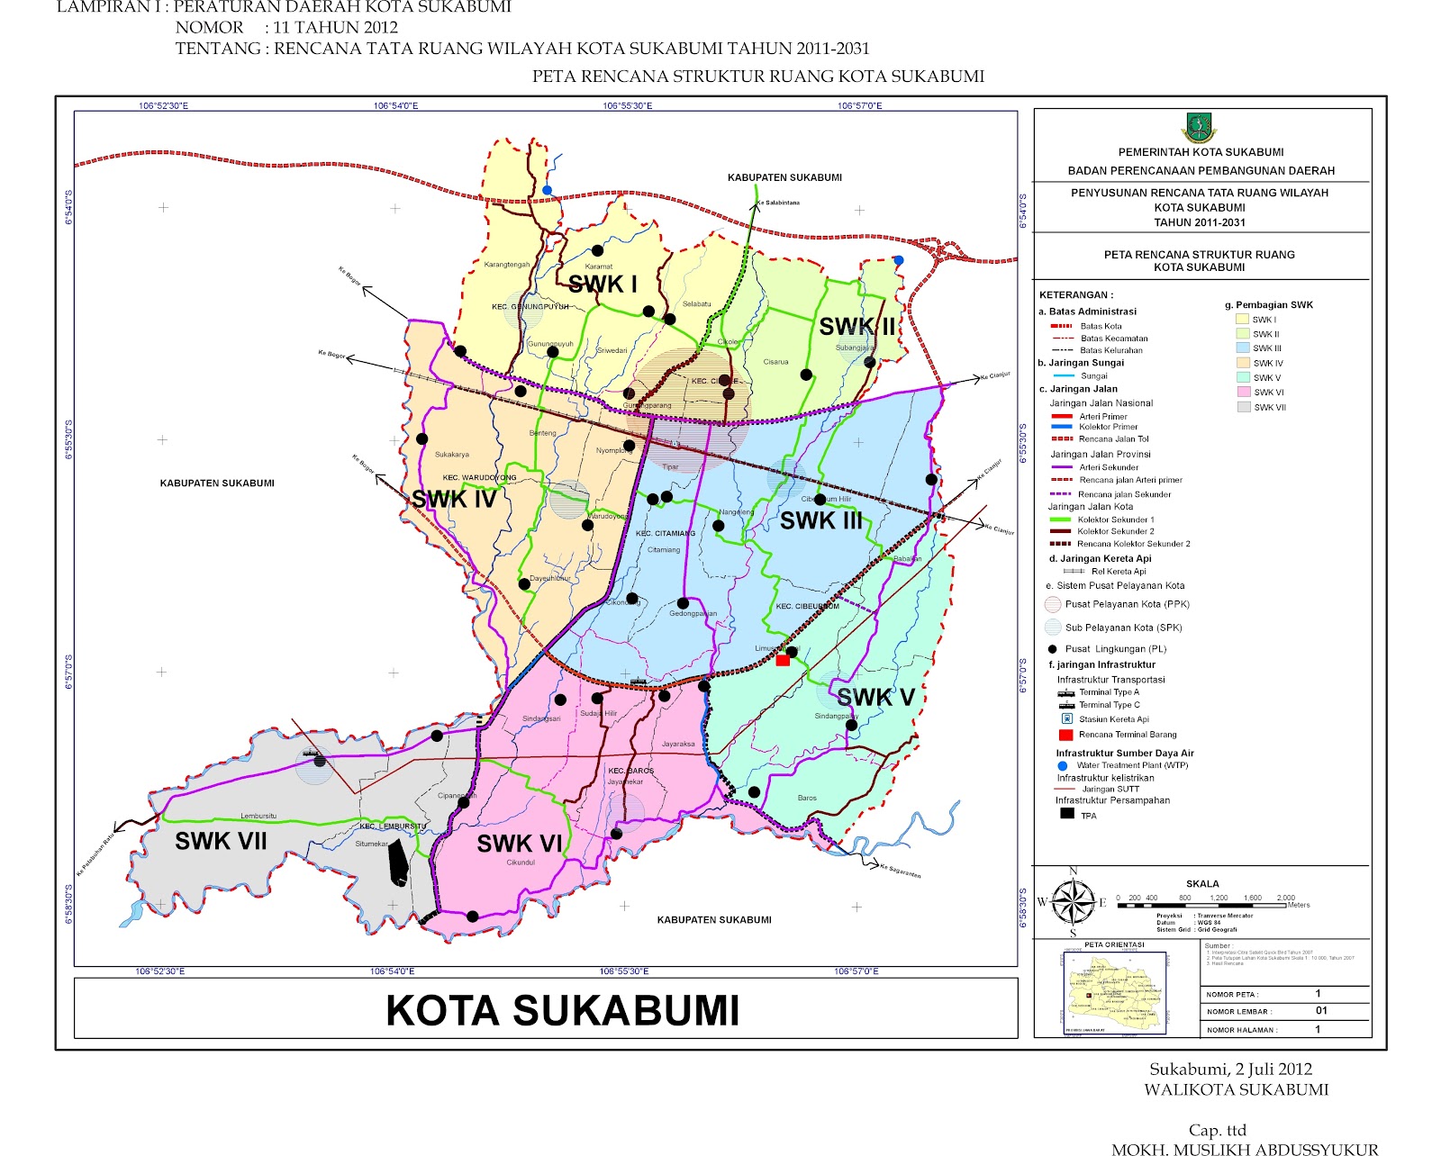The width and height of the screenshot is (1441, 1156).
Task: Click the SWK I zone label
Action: click(x=603, y=284)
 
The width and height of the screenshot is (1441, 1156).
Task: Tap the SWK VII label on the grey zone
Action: click(x=221, y=841)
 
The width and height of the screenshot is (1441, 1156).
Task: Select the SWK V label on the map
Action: click(x=875, y=697)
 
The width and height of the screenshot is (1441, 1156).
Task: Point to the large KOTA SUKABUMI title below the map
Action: click(x=563, y=1010)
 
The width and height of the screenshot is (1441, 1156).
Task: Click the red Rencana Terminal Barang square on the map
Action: click(x=783, y=661)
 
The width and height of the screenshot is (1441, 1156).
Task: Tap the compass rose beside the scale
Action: click(x=1072, y=901)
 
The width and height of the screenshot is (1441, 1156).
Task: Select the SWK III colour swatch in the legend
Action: click(x=1243, y=348)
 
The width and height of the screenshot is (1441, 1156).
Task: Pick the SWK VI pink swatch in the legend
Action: click(x=1243, y=393)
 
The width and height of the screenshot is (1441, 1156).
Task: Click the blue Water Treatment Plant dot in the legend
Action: click(x=1063, y=765)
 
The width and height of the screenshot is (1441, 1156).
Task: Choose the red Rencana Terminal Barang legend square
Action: click(x=1065, y=735)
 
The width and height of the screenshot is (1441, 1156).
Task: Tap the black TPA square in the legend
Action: click(x=1067, y=814)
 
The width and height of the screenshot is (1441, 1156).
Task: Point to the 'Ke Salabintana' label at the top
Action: click(x=777, y=203)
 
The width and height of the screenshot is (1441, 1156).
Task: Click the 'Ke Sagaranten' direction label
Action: click(x=900, y=871)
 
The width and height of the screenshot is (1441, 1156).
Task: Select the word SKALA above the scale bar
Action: click(x=1202, y=884)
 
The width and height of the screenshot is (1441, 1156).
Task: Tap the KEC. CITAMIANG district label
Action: click(x=666, y=533)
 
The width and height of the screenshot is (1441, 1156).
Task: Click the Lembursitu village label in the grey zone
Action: click(x=258, y=816)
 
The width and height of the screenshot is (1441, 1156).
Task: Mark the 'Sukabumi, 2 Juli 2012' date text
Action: click(x=1230, y=1070)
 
